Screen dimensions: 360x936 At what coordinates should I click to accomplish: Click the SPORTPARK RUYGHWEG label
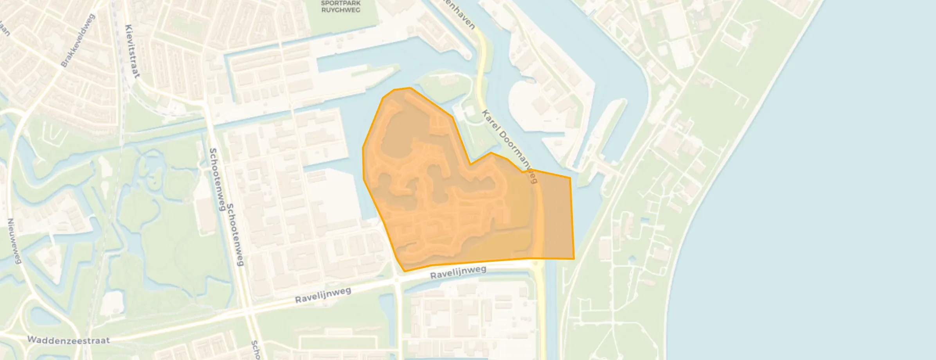340,7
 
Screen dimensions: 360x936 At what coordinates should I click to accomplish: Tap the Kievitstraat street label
132,51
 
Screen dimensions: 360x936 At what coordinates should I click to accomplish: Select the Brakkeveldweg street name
78,41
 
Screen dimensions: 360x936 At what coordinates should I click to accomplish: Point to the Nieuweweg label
14,241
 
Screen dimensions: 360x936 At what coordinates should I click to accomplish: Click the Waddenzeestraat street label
68,340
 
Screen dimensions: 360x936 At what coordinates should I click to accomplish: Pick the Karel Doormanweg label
509,146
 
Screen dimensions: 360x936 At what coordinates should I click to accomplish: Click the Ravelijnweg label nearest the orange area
458,272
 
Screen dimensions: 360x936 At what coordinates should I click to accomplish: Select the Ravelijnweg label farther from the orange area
323,294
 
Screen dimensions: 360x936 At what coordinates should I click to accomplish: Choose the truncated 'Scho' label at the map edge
256,350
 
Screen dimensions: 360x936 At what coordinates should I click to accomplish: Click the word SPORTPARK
340,3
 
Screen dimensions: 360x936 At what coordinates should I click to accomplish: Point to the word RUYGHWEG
340,10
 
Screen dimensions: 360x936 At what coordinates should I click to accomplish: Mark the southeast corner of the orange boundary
574,259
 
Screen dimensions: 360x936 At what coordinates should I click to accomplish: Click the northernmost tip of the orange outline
410,88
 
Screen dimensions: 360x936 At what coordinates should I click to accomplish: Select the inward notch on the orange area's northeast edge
470,164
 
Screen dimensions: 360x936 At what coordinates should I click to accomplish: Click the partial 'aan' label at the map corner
5,29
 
